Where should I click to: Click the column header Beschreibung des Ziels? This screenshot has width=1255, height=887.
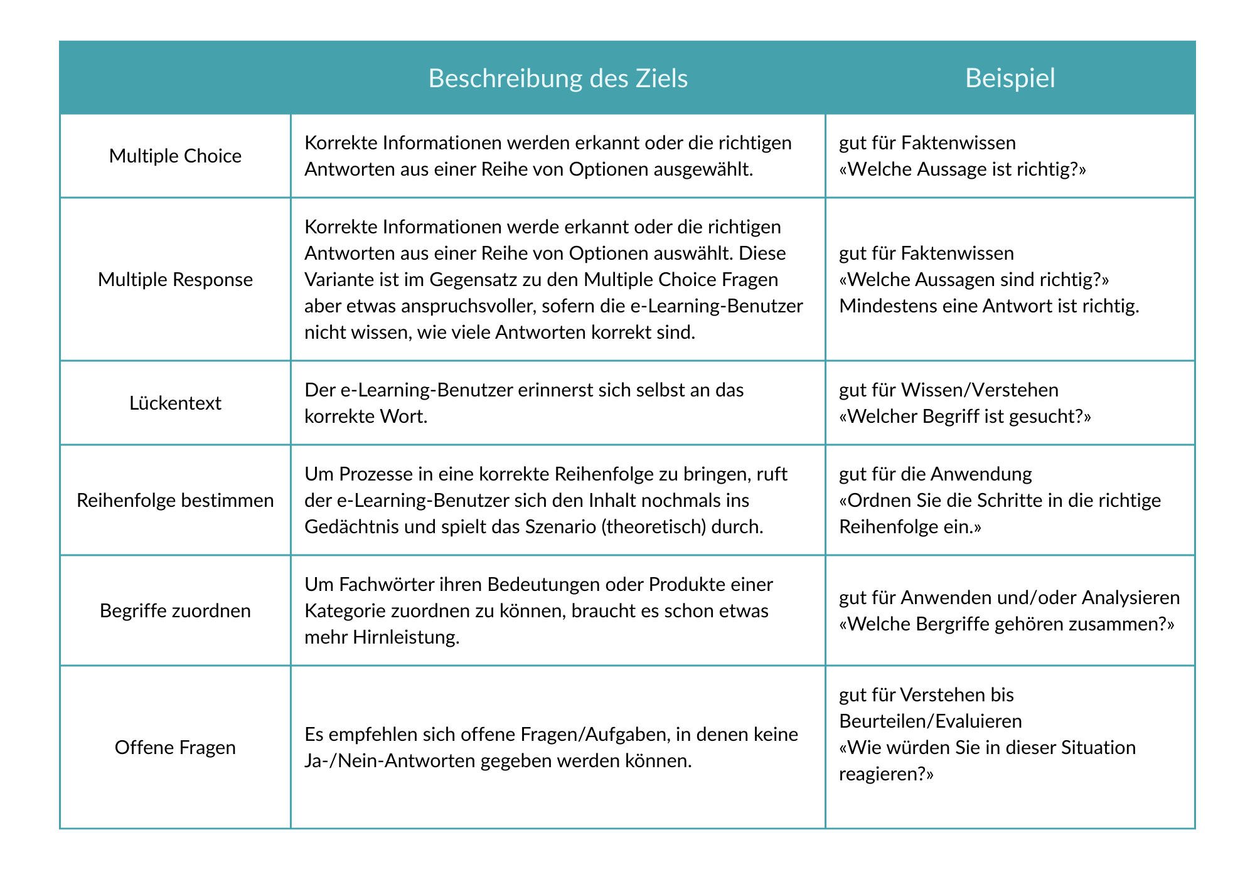[558, 78]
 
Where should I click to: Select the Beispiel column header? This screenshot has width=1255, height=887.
[1010, 78]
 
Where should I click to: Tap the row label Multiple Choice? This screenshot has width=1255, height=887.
[175, 156]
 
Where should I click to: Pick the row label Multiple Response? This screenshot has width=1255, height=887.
[175, 279]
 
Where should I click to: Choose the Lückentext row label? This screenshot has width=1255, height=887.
[175, 403]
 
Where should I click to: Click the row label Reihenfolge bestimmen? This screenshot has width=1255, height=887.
[175, 500]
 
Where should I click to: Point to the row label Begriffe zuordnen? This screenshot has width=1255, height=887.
[175, 610]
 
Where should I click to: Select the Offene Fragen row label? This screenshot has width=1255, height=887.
[175, 747]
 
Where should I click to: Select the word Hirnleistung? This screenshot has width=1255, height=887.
[407, 637]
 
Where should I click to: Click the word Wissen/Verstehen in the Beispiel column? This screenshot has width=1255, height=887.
[980, 390]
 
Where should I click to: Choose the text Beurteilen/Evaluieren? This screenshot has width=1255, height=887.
[930, 721]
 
